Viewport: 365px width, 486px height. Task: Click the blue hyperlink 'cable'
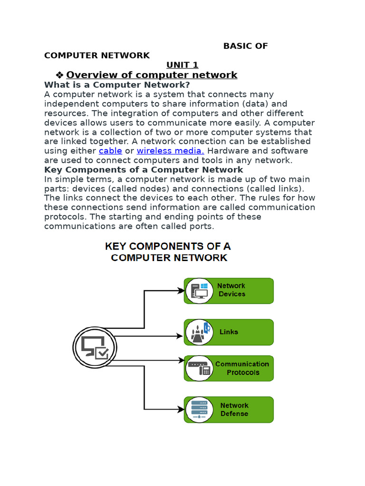pos(110,151)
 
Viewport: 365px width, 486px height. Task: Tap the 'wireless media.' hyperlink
pos(170,151)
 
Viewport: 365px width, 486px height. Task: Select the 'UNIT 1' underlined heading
pos(182,65)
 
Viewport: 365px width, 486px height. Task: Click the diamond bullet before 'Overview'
pos(59,75)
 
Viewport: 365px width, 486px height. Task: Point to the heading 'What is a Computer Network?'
pos(117,84)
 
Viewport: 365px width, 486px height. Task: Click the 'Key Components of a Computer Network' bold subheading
pos(144,169)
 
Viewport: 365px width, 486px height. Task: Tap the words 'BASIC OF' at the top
pos(245,46)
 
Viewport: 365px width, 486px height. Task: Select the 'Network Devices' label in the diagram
pos(231,290)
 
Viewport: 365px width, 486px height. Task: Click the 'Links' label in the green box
pos(229,332)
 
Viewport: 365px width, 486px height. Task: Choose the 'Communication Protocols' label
pos(242,368)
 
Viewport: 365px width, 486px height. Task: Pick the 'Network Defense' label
pos(234,410)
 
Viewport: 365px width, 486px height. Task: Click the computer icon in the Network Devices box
pos(199,291)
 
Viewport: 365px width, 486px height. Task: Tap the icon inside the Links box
pos(199,332)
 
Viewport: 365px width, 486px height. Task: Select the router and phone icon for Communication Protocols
pos(199,368)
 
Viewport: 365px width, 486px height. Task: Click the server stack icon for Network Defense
pos(199,410)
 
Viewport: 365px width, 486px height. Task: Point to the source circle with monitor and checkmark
pos(95,348)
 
